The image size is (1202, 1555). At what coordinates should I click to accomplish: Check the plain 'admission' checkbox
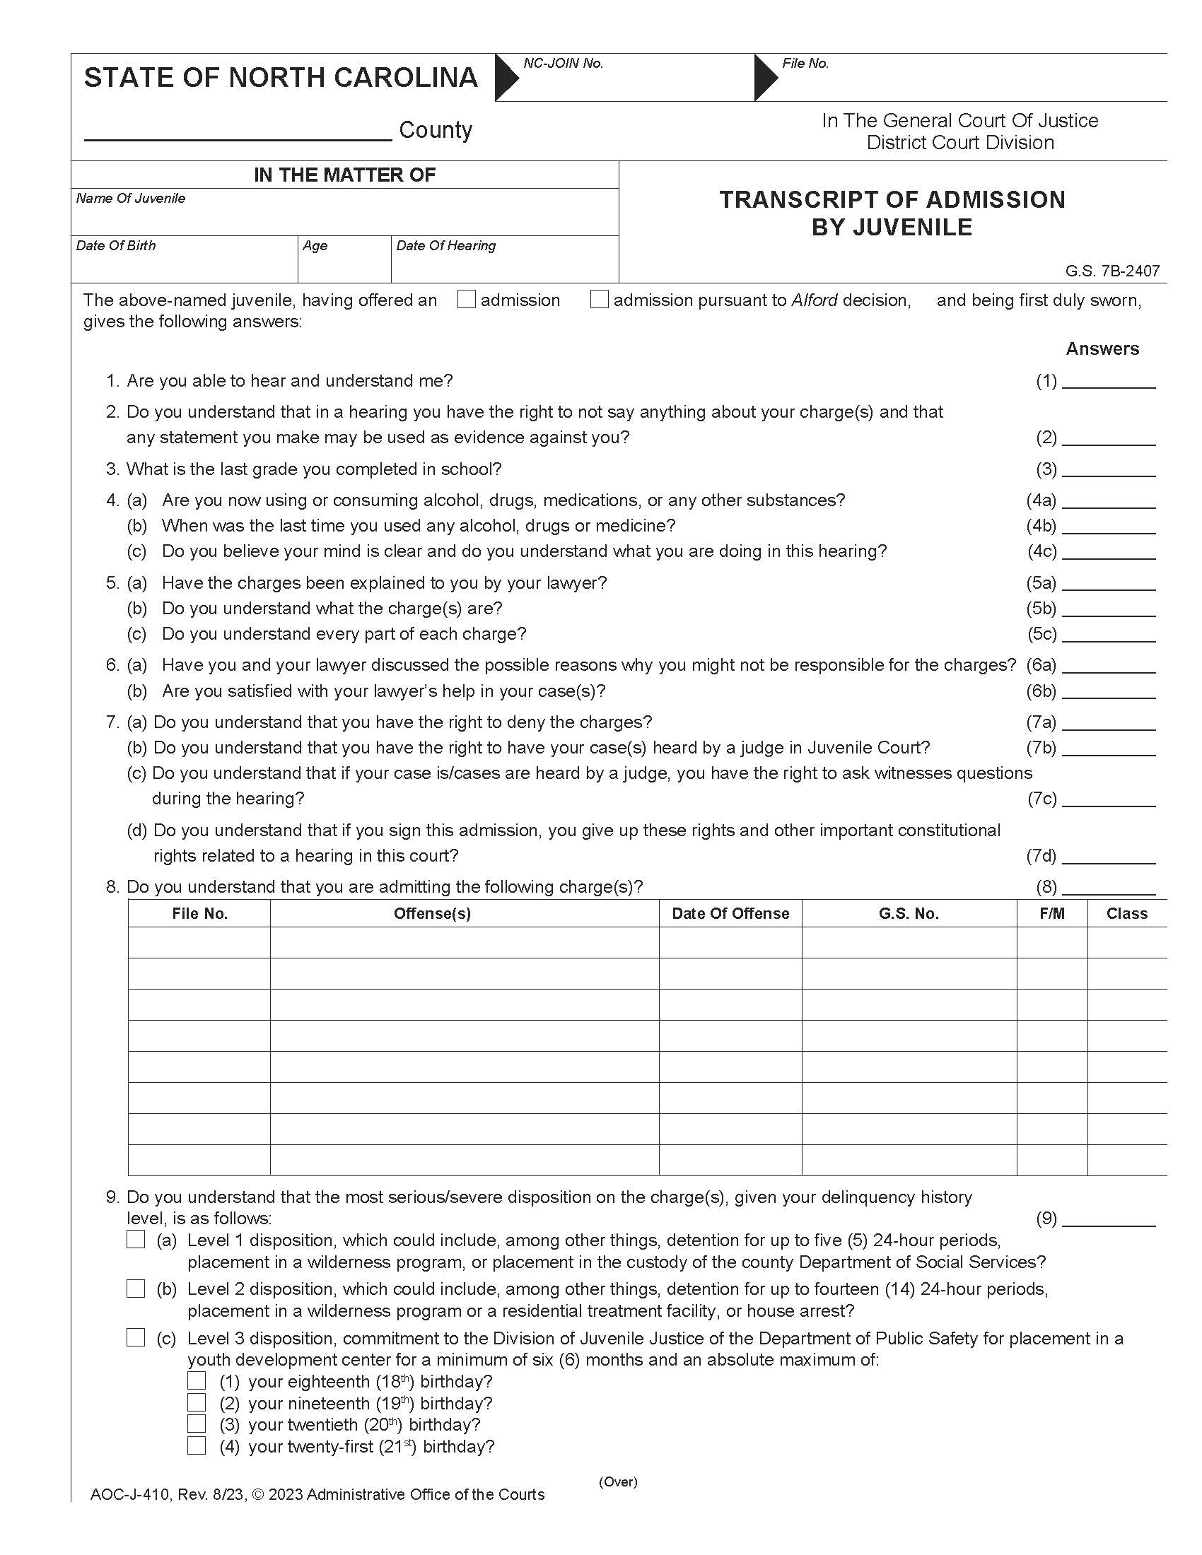467,300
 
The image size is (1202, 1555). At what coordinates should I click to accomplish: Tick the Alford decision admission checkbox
600,300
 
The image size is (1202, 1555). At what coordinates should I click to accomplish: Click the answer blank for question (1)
1108,382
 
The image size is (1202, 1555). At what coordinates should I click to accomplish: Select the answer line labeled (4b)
1108,527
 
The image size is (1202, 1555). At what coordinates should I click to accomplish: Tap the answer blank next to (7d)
1108,857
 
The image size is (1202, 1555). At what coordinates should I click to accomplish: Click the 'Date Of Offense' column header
730,913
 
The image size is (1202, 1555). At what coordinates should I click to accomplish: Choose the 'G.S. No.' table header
909,913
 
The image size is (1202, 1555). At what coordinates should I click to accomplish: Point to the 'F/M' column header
1052,913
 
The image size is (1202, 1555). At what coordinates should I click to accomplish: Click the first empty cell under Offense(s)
465,942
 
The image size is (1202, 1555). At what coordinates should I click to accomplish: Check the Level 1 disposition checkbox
135,1240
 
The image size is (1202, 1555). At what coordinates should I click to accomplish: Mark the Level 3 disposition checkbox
135,1338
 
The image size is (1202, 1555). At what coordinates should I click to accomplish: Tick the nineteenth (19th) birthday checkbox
197,1402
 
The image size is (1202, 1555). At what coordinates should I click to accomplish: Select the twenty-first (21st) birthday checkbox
197,1446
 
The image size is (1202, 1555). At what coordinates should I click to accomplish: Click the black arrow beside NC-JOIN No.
507,76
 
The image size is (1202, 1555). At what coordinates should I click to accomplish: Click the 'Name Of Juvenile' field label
130,199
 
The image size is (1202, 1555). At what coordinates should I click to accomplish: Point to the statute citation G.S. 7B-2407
1112,271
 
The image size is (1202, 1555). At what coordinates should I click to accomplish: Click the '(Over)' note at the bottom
617,1481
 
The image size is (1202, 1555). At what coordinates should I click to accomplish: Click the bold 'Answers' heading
1102,349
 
